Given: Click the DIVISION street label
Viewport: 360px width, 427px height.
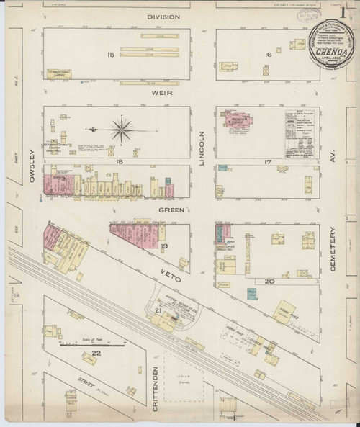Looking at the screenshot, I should pos(163,16).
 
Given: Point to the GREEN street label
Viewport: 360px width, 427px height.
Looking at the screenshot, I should pos(170,210).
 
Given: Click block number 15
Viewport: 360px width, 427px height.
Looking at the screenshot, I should pos(111,54).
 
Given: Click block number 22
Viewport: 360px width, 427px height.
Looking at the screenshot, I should pos(94,353).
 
